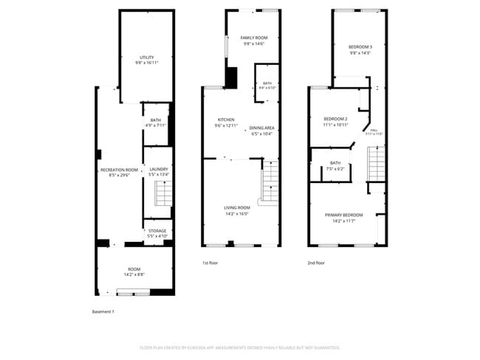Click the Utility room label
[147, 60]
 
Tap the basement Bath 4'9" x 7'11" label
[156, 123]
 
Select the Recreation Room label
[119, 173]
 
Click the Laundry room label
[158, 172]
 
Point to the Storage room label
[157, 233]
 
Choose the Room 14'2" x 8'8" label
[134, 271]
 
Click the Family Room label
[254, 41]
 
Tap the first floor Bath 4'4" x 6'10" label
[267, 86]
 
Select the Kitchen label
[226, 122]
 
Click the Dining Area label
[261, 131]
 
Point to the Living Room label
[236, 210]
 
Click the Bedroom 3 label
[360, 49]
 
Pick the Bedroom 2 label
[335, 122]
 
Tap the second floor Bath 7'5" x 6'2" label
[335, 166]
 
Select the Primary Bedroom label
[343, 218]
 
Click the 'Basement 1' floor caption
[103, 311]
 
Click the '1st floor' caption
[210, 263]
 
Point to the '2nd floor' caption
[317, 263]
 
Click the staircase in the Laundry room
[162, 194]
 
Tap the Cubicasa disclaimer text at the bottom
[240, 347]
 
